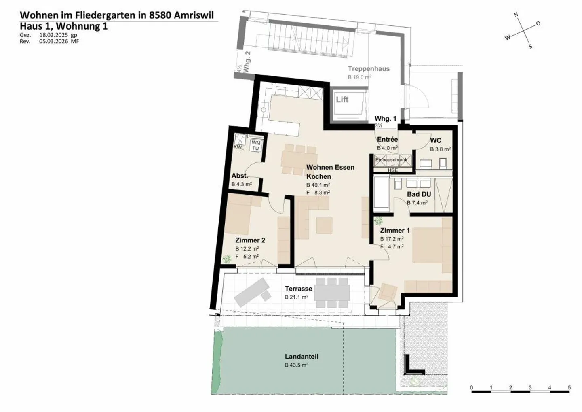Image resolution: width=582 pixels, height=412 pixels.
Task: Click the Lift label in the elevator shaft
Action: click(x=342, y=100)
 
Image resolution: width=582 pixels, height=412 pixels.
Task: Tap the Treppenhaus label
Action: click(x=369, y=69)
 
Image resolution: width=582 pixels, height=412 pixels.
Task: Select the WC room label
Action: click(x=436, y=141)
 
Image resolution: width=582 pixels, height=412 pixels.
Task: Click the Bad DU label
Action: click(x=419, y=194)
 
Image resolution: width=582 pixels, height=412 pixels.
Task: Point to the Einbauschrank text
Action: click(x=391, y=160)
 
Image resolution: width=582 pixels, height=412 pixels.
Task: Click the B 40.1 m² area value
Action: click(x=318, y=185)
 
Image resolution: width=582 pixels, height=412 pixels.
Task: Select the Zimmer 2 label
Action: click(x=250, y=240)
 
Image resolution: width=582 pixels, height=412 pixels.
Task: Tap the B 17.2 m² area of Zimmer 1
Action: click(x=392, y=239)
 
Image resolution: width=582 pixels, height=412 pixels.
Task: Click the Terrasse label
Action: click(x=298, y=289)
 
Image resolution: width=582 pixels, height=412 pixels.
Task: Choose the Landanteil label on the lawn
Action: click(x=302, y=357)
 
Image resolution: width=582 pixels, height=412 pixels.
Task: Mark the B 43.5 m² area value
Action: click(x=296, y=365)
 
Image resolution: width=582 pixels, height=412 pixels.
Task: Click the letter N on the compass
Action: click(x=516, y=15)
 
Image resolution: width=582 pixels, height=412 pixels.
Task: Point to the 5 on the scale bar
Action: click(x=569, y=388)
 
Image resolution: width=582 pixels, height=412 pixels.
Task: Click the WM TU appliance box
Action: click(x=255, y=146)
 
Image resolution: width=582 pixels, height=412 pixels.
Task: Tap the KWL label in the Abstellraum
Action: click(x=238, y=148)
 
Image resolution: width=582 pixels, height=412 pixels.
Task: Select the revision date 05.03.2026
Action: click(x=54, y=41)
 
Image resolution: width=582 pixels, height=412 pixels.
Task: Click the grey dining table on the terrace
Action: click(x=333, y=292)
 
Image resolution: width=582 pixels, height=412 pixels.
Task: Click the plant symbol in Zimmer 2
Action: click(x=227, y=258)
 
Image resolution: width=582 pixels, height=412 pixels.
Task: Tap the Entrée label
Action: click(x=387, y=140)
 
